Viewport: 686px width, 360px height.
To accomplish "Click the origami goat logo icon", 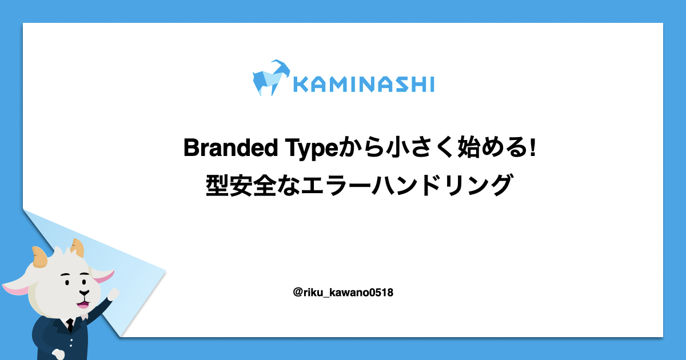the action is (x=271, y=78).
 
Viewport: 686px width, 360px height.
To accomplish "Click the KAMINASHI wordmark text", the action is (x=364, y=84).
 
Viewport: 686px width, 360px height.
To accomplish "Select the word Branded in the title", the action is (x=230, y=147).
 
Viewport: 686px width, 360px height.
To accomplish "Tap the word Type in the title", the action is (x=312, y=149).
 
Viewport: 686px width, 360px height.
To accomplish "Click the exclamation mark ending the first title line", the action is (x=533, y=147).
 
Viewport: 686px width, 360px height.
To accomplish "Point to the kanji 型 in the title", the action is (x=217, y=185).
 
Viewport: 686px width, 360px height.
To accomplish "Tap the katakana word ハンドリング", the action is (x=441, y=185).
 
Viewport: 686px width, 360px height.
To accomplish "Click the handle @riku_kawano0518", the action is (x=343, y=293).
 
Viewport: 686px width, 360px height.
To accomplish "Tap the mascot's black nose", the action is (x=84, y=293).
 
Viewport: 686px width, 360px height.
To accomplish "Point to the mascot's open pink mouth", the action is (x=83, y=304).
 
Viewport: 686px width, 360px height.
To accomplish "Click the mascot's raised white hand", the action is (x=114, y=294).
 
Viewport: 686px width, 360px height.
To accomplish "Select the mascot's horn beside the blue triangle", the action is (x=78, y=247).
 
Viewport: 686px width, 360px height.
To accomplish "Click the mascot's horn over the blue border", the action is (x=40, y=257).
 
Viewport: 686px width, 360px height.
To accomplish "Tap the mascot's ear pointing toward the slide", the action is (x=103, y=277).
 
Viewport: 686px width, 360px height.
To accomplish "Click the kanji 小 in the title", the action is (x=397, y=147).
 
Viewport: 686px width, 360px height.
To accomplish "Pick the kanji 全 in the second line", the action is (x=265, y=185).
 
